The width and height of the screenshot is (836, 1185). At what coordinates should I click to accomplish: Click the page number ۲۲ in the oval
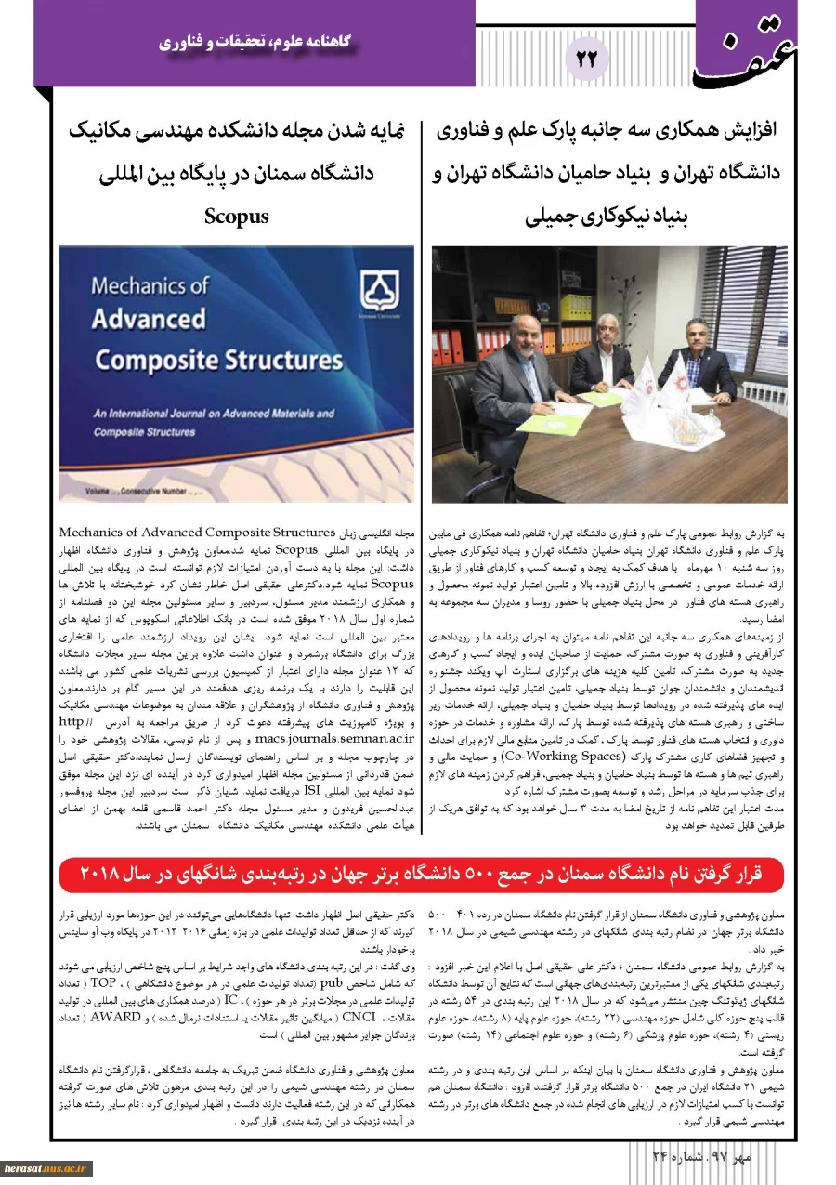(587, 59)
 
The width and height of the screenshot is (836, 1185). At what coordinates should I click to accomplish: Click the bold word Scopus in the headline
(237, 217)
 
